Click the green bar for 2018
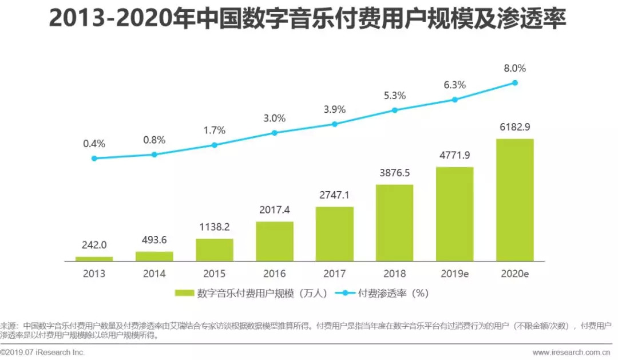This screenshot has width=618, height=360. [394, 223]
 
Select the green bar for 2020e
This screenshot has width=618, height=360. [514, 200]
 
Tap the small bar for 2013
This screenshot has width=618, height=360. [94, 259]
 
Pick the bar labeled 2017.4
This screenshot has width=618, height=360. [275, 241]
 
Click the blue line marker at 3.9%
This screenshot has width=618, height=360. [335, 124]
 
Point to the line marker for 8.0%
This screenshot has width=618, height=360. [514, 83]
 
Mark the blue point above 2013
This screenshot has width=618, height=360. [94, 159]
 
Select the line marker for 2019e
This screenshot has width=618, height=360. [455, 100]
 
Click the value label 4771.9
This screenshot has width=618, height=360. [455, 155]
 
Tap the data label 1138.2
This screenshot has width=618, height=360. [215, 227]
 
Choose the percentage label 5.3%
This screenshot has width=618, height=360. [394, 96]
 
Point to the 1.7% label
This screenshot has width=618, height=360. [215, 130]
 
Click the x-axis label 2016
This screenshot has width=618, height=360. [275, 274]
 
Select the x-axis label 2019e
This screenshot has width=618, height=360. [455, 274]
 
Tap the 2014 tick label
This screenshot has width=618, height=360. [154, 274]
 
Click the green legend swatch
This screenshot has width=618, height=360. [184, 294]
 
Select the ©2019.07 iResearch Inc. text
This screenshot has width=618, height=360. [43, 352]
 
